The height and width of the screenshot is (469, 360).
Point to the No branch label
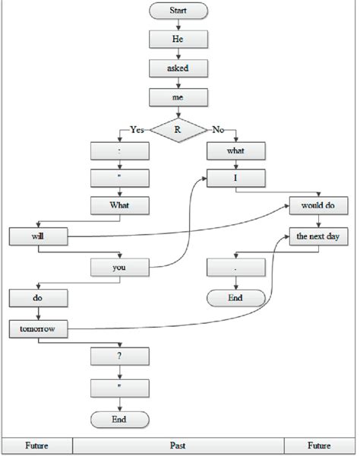pyautogui.click(x=218, y=130)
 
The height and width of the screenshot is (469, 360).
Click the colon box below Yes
pyautogui.click(x=119, y=151)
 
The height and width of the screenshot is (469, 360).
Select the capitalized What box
pyautogui.click(x=119, y=206)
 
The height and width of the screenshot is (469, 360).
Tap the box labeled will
pyautogui.click(x=38, y=236)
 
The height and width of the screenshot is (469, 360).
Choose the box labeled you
pyautogui.click(x=119, y=267)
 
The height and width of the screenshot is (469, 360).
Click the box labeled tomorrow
pyautogui.click(x=38, y=328)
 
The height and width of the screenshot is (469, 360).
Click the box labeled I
pyautogui.click(x=236, y=179)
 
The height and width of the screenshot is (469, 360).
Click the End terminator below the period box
pyautogui.click(x=236, y=298)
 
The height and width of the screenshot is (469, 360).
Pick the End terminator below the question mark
pyautogui.click(x=119, y=420)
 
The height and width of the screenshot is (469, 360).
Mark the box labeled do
pyautogui.click(x=38, y=298)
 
